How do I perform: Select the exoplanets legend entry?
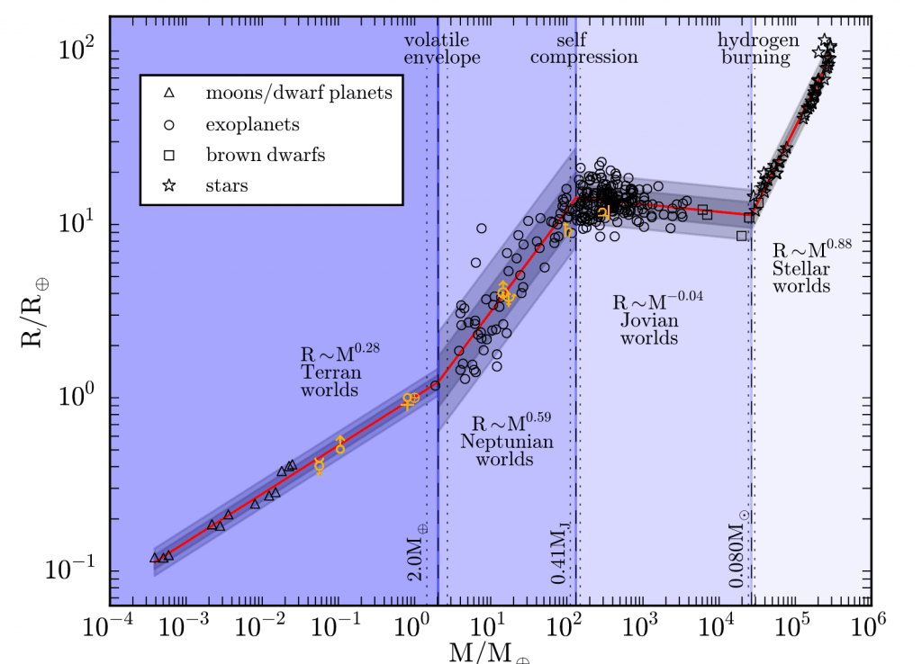pyautogui.click(x=252, y=124)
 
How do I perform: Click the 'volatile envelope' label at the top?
pyautogui.click(x=441, y=49)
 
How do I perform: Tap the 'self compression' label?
pyautogui.click(x=583, y=49)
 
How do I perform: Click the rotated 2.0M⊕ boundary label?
pyautogui.click(x=415, y=552)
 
